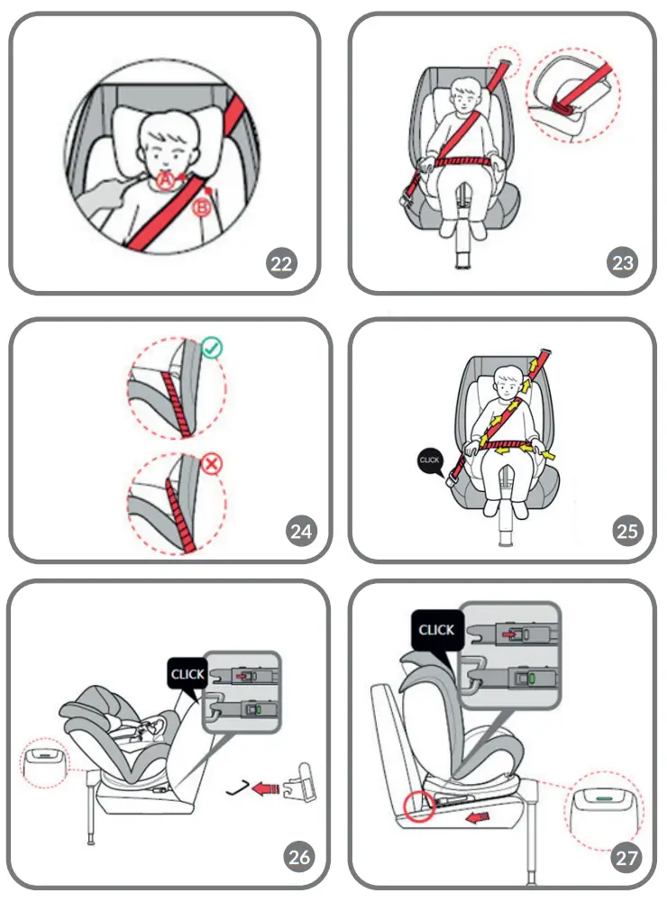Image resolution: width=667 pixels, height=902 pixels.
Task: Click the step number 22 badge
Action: click(282, 263)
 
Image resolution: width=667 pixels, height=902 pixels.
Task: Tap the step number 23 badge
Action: click(622, 263)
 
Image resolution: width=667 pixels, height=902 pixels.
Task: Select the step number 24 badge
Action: click(301, 531)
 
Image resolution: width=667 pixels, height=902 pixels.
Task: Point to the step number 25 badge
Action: click(627, 531)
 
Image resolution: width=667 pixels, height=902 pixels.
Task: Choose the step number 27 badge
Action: click(627, 857)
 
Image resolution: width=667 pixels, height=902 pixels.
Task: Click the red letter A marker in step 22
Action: click(164, 181)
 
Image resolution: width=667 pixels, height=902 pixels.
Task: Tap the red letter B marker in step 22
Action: click(203, 209)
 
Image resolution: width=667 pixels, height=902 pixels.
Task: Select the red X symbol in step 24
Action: click(213, 465)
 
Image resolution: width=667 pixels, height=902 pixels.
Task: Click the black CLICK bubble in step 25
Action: click(431, 460)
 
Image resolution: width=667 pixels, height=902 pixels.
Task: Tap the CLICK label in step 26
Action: click(187, 673)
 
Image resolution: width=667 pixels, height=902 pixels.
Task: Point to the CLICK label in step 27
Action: click(436, 629)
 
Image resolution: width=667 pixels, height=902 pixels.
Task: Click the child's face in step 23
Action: click(464, 99)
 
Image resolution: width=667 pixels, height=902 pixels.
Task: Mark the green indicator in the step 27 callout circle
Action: click(608, 793)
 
